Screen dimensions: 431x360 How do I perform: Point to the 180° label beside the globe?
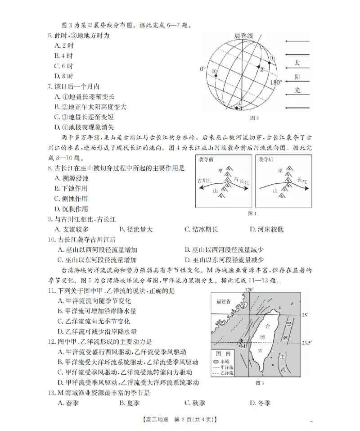click(x=276, y=82)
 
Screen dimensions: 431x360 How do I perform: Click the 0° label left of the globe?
click(x=203, y=69)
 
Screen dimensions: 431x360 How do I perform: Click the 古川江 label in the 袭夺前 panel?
click(x=206, y=180)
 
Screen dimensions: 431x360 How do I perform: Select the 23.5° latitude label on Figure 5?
click(x=306, y=343)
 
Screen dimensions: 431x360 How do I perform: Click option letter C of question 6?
click(x=57, y=65)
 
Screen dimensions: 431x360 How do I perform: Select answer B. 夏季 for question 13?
click(x=128, y=403)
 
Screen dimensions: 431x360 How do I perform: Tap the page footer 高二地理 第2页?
click(x=180, y=420)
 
